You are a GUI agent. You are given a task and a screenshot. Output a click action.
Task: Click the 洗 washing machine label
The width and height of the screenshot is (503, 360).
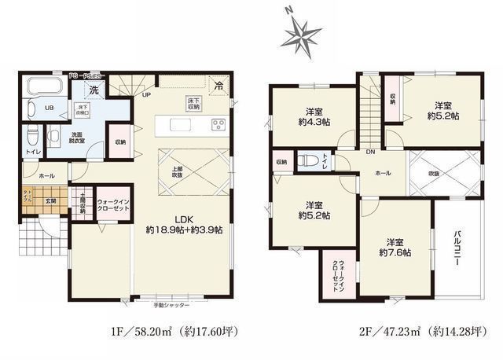click(94, 89)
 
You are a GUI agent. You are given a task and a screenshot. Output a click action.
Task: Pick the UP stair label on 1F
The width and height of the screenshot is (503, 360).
click(146, 95)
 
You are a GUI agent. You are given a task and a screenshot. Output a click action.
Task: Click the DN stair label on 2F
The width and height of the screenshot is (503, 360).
click(371, 152)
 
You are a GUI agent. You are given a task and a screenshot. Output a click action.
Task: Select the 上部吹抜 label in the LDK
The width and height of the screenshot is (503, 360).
click(178, 171)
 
